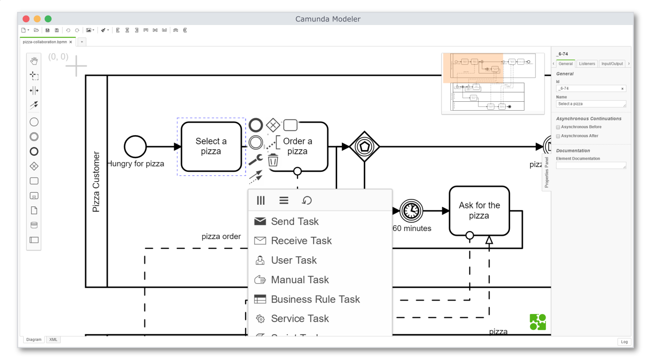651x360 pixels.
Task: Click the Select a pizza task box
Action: click(x=211, y=146)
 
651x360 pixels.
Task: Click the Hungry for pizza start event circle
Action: click(x=135, y=146)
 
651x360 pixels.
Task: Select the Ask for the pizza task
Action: click(x=479, y=211)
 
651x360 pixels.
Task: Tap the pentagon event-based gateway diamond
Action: click(x=364, y=146)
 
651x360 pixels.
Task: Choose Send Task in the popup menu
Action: click(x=294, y=221)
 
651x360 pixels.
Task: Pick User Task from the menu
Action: click(x=293, y=260)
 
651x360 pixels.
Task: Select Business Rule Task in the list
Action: click(x=315, y=299)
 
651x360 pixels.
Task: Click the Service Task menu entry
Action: click(x=300, y=319)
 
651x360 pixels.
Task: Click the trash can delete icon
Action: click(x=273, y=160)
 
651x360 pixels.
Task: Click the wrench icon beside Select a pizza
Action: click(x=255, y=159)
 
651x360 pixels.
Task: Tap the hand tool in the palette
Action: click(x=34, y=61)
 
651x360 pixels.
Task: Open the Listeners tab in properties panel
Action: click(x=587, y=64)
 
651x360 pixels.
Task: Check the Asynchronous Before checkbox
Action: click(x=558, y=127)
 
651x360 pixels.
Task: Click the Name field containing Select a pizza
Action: click(x=590, y=104)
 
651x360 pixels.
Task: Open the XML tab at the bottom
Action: click(x=53, y=339)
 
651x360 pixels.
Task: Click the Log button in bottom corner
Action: click(x=624, y=342)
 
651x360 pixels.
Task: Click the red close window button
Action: click(x=26, y=19)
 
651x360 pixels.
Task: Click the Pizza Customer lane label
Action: click(x=96, y=182)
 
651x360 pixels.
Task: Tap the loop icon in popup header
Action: click(x=307, y=200)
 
